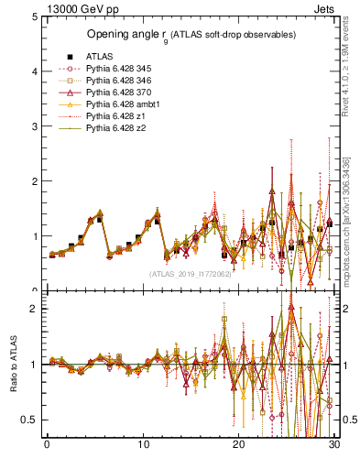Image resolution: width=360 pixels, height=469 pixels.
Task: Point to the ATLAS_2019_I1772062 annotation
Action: click(x=191, y=273)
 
